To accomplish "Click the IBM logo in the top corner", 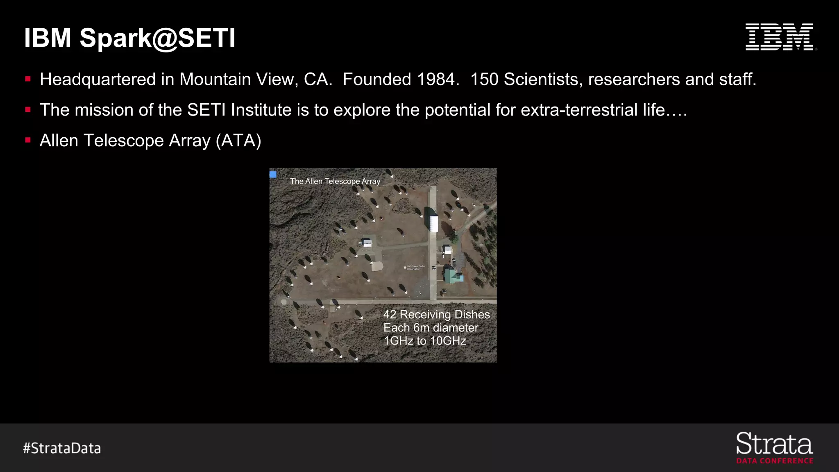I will point(780,37).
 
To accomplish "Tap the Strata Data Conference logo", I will point(774,448).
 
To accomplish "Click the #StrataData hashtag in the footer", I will point(62,448).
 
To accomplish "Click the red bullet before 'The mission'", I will point(28,109).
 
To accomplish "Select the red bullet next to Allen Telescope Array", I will point(28,140).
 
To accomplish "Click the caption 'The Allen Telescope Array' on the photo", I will point(335,181).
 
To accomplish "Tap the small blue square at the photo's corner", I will point(273,175).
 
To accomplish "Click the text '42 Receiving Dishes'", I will point(436,314).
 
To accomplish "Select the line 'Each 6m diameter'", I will point(431,328).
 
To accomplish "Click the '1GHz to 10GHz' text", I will point(425,341).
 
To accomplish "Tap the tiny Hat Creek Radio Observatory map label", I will point(415,268).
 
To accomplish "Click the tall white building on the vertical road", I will point(433,224).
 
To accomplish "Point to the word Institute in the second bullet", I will point(261,110).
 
